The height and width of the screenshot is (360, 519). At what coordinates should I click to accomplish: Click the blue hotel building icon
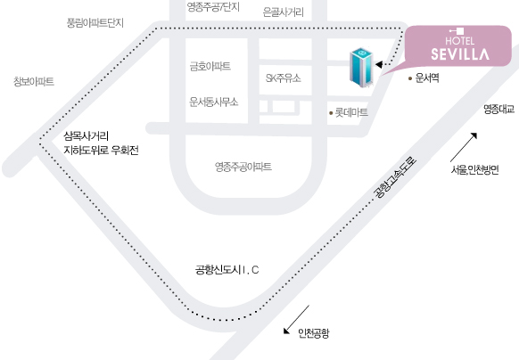pyautogui.click(x=361, y=68)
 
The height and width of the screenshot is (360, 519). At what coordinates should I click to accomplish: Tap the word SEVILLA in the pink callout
pyautogui.click(x=460, y=54)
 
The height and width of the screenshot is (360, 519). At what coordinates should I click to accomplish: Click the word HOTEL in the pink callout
pyautogui.click(x=460, y=41)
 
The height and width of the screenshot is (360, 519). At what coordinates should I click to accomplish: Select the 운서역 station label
pyautogui.click(x=427, y=78)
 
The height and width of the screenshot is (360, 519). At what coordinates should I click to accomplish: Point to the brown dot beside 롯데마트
pyautogui.click(x=331, y=113)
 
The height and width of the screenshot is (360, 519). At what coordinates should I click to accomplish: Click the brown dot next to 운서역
pyautogui.click(x=410, y=78)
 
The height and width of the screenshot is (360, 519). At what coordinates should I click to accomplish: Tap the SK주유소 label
pyautogui.click(x=284, y=78)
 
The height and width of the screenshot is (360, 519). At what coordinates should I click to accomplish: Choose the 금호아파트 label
pyautogui.click(x=210, y=66)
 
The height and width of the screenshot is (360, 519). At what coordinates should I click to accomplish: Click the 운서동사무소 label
pyautogui.click(x=213, y=102)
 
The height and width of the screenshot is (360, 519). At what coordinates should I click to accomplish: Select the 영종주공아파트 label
pyautogui.click(x=243, y=167)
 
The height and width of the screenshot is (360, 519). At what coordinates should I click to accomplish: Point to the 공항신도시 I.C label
pyautogui.click(x=227, y=270)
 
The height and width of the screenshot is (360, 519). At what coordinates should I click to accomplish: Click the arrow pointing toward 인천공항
pyautogui.click(x=296, y=320)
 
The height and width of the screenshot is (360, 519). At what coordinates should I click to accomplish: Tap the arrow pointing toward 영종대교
pyautogui.click(x=464, y=147)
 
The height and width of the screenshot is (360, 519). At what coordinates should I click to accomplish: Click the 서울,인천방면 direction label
pyautogui.click(x=474, y=169)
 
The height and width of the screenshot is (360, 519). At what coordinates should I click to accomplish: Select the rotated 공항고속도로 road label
pyautogui.click(x=394, y=178)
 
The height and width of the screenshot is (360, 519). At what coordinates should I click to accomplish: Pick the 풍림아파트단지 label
pyautogui.click(x=95, y=23)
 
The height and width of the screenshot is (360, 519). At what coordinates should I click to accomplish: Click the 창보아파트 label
pyautogui.click(x=33, y=81)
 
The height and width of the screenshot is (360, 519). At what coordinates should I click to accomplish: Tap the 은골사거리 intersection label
pyautogui.click(x=283, y=12)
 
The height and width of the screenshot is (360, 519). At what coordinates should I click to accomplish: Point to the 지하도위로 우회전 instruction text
pyautogui.click(x=101, y=151)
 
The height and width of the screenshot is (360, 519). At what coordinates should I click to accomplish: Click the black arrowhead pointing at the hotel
pyautogui.click(x=379, y=64)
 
